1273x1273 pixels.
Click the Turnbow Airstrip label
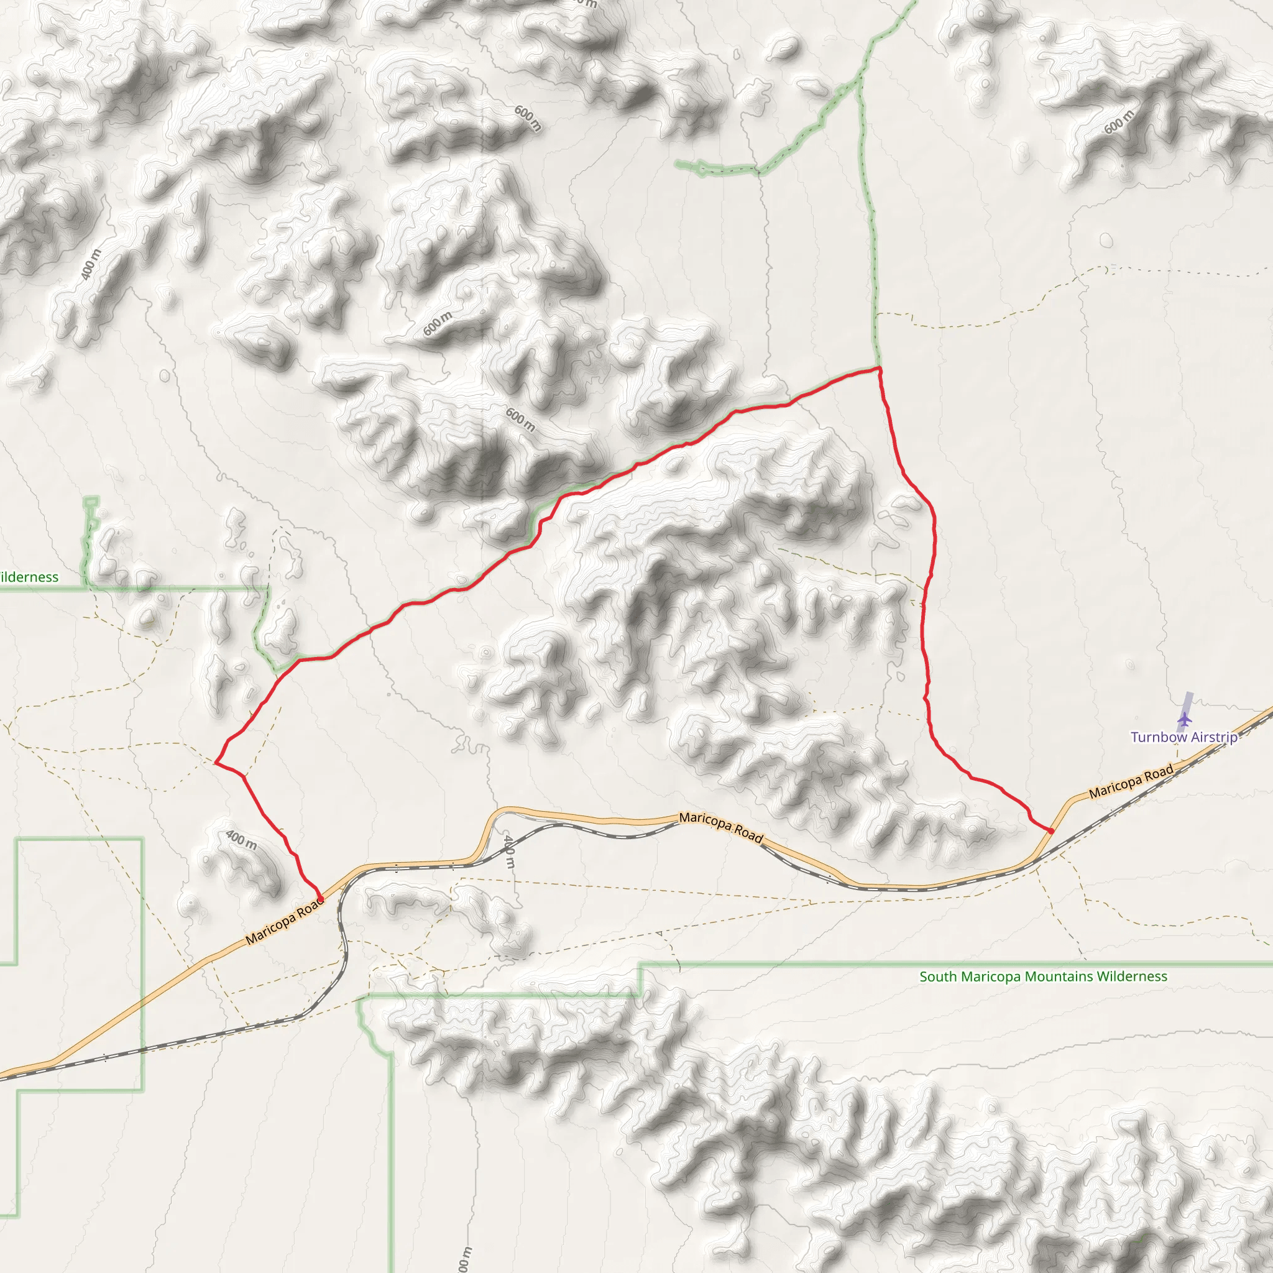click(x=1184, y=737)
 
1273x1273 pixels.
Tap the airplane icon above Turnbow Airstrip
click(x=1185, y=718)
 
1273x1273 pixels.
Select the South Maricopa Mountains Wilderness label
click(x=1043, y=977)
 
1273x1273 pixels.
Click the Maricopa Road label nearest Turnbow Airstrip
click(x=1131, y=781)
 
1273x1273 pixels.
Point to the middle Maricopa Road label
click(x=721, y=827)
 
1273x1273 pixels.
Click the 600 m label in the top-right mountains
click(x=1119, y=121)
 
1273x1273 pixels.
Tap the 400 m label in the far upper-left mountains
click(x=91, y=264)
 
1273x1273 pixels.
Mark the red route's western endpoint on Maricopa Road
click(x=321, y=899)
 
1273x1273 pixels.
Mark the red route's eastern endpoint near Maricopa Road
click(x=1051, y=831)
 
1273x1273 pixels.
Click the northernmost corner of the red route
click(x=879, y=369)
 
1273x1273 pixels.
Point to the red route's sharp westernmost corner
click(x=216, y=763)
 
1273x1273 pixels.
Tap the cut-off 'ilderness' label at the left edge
click(x=29, y=577)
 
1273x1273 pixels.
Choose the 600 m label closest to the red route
click(x=520, y=420)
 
